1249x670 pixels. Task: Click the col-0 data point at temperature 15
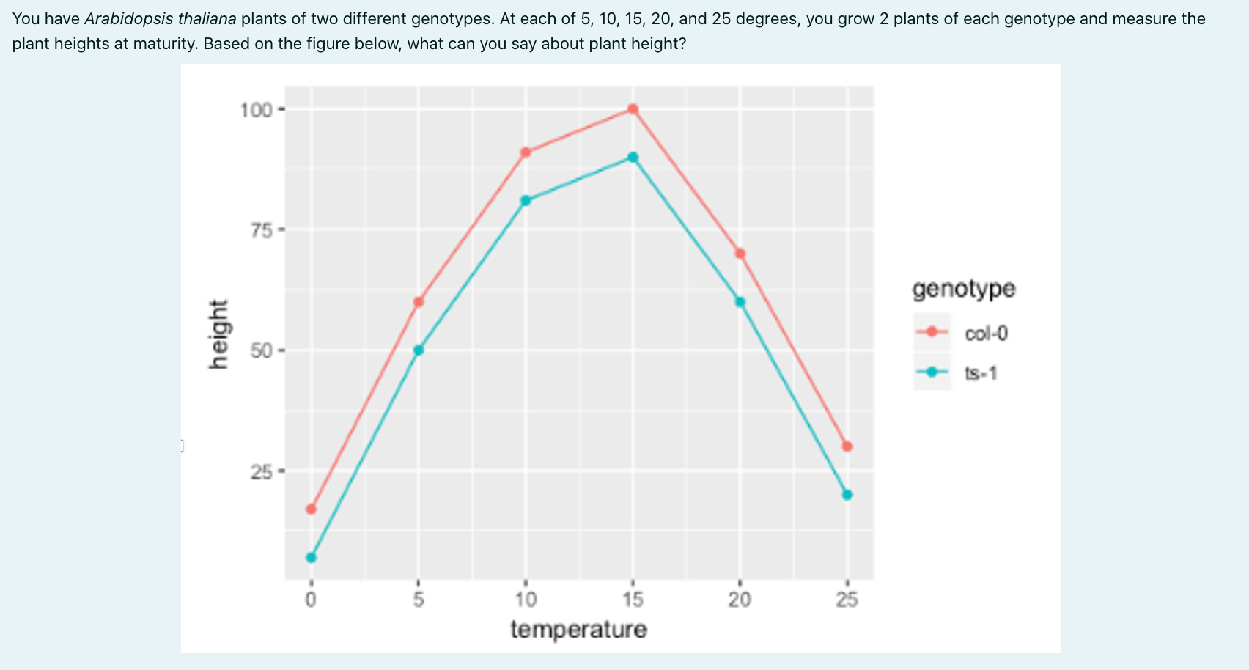point(633,109)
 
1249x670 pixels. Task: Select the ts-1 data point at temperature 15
point(633,158)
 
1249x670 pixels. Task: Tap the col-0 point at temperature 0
point(312,509)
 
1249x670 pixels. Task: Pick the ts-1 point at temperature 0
point(312,557)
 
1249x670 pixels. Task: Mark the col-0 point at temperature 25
point(847,446)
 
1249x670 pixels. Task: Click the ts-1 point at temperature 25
point(847,495)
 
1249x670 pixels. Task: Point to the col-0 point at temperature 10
point(526,152)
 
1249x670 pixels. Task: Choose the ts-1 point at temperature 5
point(419,350)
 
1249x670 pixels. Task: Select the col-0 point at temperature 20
point(740,254)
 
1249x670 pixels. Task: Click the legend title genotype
point(964,289)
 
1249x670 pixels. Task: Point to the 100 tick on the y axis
point(256,110)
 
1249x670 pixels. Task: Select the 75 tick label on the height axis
point(260,230)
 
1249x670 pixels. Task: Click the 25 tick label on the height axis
point(260,471)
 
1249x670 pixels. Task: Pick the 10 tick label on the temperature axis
point(526,600)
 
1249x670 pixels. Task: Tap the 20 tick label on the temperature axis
point(740,600)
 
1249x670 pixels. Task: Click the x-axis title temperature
point(579,630)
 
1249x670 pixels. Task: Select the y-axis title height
point(218,334)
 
